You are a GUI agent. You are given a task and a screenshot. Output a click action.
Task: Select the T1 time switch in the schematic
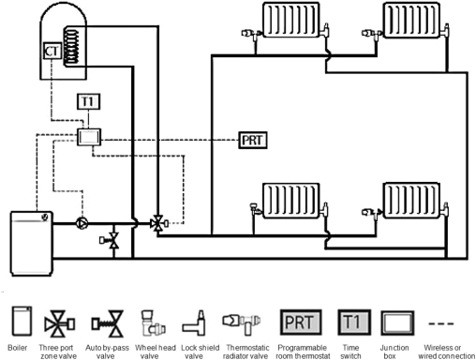[87, 101]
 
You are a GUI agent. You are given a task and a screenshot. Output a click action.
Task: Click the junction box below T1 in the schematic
[89, 138]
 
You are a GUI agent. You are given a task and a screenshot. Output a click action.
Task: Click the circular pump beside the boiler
[82, 224]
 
